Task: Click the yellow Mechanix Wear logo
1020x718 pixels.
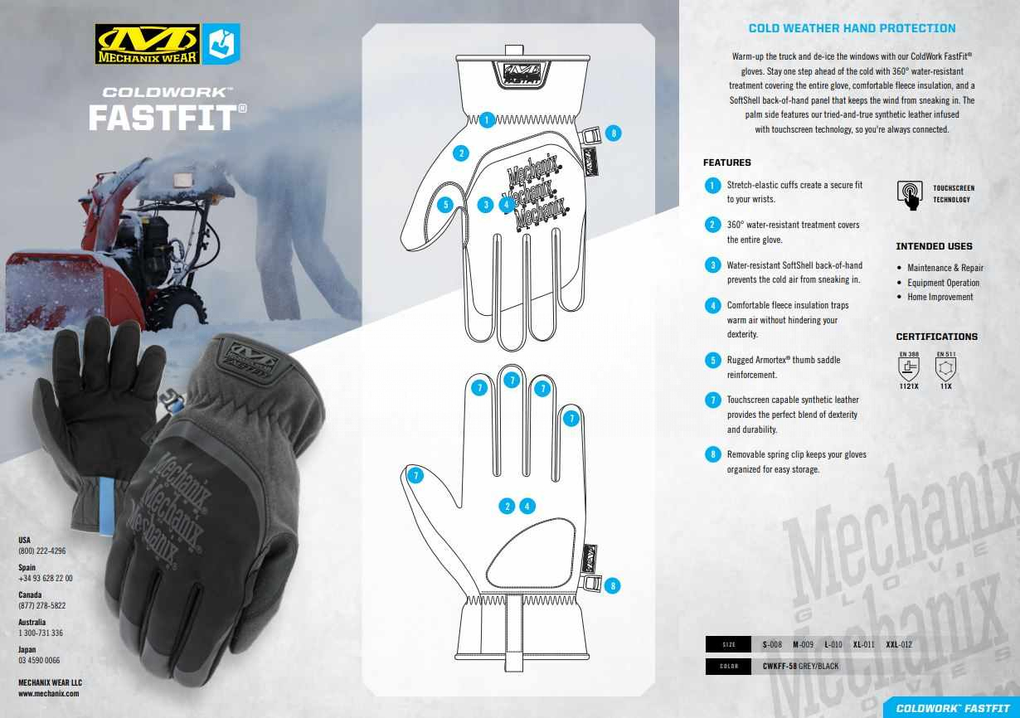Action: coord(148,44)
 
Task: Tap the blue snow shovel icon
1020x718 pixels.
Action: coord(221,44)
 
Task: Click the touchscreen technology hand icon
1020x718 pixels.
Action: coord(910,195)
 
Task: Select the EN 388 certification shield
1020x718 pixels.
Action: coord(909,368)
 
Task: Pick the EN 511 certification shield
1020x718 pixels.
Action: coord(945,368)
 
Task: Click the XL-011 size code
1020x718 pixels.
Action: coord(863,645)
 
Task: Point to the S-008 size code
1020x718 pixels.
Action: coord(772,645)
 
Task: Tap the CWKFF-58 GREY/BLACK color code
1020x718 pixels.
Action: coord(800,666)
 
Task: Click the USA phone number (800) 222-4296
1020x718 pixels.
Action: coord(42,551)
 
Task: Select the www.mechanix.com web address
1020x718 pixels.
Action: coord(49,694)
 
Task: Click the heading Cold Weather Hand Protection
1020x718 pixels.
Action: coord(852,28)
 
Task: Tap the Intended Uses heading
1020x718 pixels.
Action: coord(934,246)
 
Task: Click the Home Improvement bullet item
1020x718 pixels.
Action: coord(940,297)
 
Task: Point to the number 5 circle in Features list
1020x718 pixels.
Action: coord(712,361)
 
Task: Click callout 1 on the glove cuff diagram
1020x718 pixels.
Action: coord(487,120)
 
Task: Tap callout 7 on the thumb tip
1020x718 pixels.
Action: coord(415,476)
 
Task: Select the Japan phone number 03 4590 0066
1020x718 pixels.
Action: coord(39,660)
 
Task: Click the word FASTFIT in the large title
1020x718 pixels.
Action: coord(164,118)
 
